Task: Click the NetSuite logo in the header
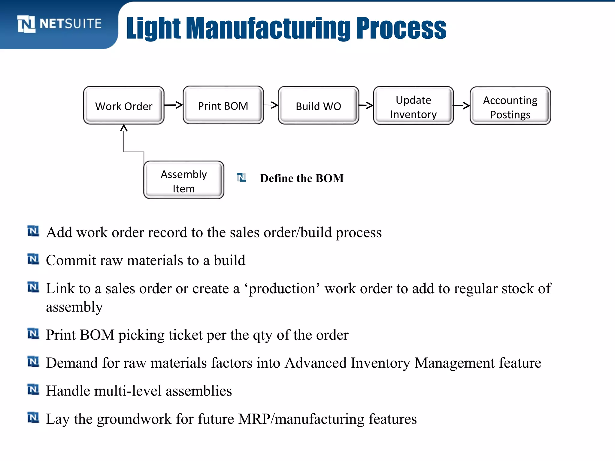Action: (x=59, y=24)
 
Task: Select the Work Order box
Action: (x=124, y=106)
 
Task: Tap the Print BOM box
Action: (x=223, y=105)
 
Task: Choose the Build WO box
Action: (x=318, y=106)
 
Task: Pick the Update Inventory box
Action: (x=413, y=106)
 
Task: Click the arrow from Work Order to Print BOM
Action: (x=174, y=105)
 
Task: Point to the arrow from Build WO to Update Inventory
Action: (x=366, y=105)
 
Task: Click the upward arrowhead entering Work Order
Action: (x=124, y=128)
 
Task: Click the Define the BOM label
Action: (x=302, y=178)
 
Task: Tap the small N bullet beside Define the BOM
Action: (x=241, y=177)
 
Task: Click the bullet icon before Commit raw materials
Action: (x=33, y=259)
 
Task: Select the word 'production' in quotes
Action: (x=282, y=289)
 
